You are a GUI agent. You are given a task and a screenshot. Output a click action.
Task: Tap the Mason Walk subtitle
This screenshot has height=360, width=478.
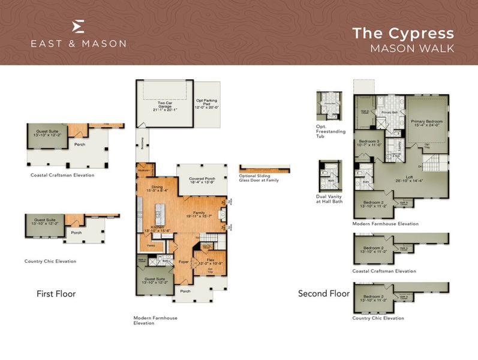[x=411, y=47]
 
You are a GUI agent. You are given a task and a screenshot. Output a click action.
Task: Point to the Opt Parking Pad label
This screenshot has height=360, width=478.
[x=206, y=104]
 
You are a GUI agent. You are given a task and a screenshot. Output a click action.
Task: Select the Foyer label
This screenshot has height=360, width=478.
[x=183, y=261]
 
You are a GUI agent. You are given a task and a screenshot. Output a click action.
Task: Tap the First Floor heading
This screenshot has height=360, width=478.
[x=56, y=294]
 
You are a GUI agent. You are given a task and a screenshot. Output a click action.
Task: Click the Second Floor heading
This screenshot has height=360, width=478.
[x=324, y=294]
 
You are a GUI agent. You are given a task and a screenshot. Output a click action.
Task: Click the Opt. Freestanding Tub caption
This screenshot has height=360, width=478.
[x=330, y=131]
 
